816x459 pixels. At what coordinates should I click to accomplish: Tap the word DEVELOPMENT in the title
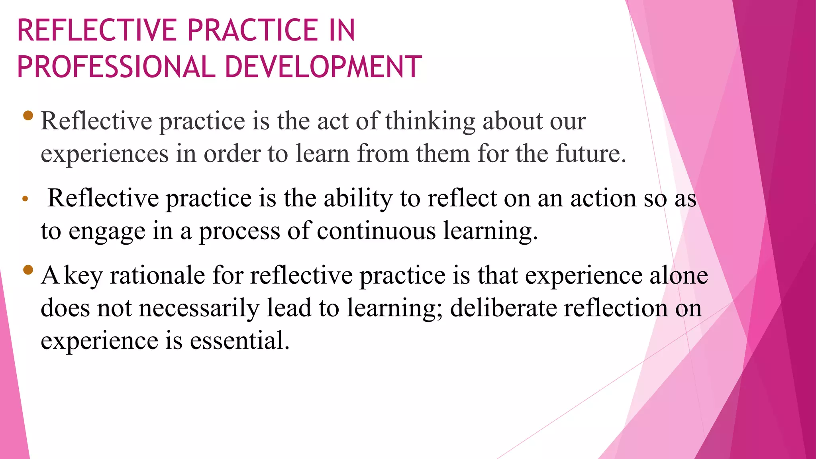(323, 67)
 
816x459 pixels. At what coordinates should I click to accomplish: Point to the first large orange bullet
(28, 116)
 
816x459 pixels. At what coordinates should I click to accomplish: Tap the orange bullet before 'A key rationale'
(28, 270)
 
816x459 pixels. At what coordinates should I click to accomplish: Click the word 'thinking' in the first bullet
(430, 121)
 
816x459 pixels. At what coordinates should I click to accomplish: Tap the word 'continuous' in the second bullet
(376, 231)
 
